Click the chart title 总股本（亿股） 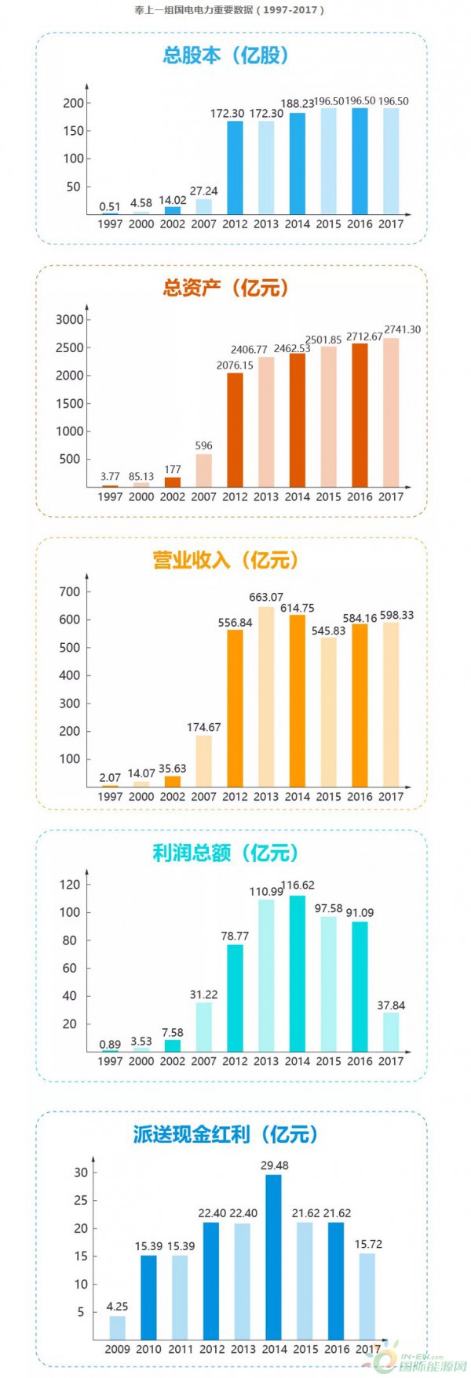click(226, 56)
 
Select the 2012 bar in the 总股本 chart click(235, 167)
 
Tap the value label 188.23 click(298, 103)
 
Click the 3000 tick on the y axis click(69, 320)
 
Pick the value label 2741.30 click(402, 330)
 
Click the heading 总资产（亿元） click(226, 288)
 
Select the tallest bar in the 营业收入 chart click(266, 696)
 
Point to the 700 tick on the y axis click(70, 592)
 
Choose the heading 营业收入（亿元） click(226, 560)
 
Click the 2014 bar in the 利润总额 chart click(298, 973)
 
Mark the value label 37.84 click(391, 1005)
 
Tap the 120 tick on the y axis click(70, 885)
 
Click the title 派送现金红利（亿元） click(226, 1134)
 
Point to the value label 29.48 click(274, 1165)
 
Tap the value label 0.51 click(110, 207)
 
